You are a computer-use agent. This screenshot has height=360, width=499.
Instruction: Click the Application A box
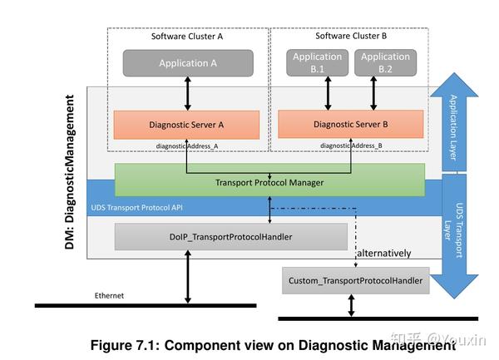[188, 63]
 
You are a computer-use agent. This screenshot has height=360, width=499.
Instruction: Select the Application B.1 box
[317, 63]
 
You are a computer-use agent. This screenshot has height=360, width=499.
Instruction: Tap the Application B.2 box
[386, 63]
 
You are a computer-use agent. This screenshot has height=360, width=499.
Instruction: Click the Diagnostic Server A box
[186, 125]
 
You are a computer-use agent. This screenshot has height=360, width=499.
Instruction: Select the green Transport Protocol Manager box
[269, 182]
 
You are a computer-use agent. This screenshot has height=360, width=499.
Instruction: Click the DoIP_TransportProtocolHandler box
[230, 237]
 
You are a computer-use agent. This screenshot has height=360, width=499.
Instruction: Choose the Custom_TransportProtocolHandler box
[355, 282]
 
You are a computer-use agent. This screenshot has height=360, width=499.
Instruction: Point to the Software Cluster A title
[186, 37]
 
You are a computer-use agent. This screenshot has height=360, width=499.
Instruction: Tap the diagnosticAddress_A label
[186, 145]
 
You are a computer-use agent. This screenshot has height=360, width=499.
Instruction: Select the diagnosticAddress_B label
[351, 145]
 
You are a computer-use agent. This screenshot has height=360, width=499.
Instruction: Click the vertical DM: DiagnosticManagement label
[72, 170]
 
